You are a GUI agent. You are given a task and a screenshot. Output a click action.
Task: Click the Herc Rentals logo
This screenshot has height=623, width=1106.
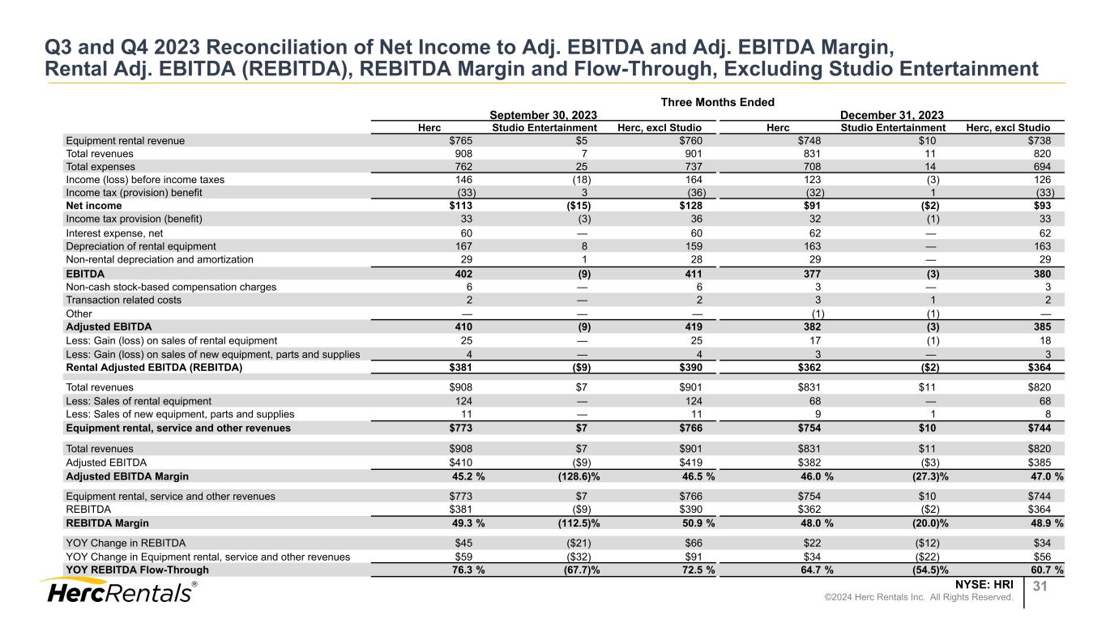coord(118,592)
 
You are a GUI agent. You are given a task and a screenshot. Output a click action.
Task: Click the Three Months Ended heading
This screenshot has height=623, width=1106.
coord(717,102)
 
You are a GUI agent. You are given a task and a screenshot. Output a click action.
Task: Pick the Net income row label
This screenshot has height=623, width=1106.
coord(94,206)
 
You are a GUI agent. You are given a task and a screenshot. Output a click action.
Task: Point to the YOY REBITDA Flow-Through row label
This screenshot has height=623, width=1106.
coord(131,570)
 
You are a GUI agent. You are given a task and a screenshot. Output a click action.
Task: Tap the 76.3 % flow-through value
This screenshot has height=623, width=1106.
coord(465,570)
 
